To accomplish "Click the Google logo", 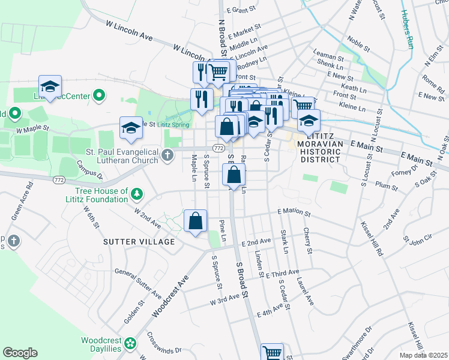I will click(x=20, y=353).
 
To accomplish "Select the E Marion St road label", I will click(x=294, y=212).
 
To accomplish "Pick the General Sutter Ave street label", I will click(x=137, y=283).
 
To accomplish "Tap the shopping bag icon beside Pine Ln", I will click(x=195, y=221).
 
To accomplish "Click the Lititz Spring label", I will click(x=174, y=124).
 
